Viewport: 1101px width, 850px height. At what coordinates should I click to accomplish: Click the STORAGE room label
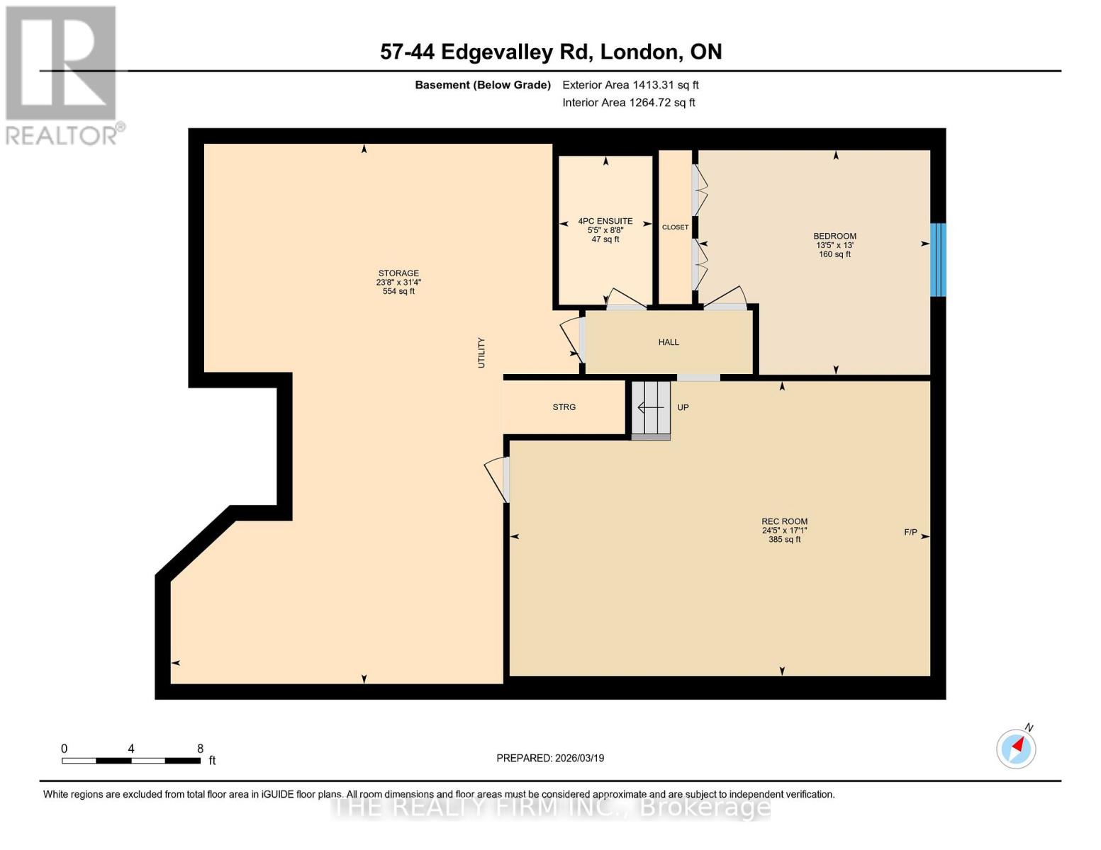click(398, 273)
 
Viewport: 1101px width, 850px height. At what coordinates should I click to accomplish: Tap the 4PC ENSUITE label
click(605, 221)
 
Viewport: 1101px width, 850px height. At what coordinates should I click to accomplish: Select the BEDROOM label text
click(834, 236)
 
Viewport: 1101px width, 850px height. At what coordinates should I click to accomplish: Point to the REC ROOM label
click(784, 521)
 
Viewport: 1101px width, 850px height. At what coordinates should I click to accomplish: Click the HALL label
click(669, 342)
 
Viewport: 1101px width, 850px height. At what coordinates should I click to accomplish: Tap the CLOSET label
click(675, 227)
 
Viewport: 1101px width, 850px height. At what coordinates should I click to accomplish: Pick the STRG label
click(564, 407)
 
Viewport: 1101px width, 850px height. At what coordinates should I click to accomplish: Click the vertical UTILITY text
click(481, 352)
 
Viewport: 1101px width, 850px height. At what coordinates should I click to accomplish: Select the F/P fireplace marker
click(910, 533)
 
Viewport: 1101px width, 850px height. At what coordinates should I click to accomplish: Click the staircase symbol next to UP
click(651, 409)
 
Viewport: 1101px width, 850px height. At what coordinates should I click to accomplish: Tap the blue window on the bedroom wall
click(937, 259)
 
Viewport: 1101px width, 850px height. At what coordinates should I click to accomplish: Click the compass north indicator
click(1017, 748)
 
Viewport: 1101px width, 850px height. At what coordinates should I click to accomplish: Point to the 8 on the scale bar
click(201, 749)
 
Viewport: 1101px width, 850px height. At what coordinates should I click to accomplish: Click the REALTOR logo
click(62, 74)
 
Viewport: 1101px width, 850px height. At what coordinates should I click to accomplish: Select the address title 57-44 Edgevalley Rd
click(551, 52)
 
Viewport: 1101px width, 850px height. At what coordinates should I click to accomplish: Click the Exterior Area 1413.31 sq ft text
click(630, 85)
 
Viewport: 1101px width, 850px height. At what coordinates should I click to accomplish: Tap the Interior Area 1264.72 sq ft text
click(628, 103)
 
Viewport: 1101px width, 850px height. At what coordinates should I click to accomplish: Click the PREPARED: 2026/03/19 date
click(550, 758)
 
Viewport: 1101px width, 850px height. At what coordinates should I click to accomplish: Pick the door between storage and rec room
click(501, 480)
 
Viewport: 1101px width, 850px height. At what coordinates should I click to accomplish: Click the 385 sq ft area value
click(784, 540)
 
